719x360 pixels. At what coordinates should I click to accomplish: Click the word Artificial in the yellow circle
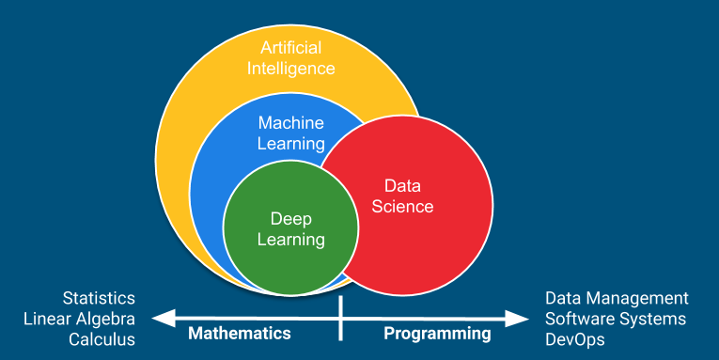(x=290, y=48)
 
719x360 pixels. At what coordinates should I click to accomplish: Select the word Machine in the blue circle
(x=290, y=123)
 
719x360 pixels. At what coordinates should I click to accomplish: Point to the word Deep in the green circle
(x=290, y=219)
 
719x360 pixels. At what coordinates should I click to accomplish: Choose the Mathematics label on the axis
(x=239, y=333)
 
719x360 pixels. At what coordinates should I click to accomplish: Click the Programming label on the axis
(x=437, y=333)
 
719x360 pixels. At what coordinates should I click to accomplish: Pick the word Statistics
(x=99, y=298)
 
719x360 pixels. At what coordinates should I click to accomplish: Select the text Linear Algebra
(x=79, y=319)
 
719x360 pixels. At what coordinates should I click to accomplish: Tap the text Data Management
(x=617, y=298)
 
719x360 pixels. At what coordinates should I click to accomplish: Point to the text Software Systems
(x=616, y=319)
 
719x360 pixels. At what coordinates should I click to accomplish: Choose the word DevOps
(x=575, y=339)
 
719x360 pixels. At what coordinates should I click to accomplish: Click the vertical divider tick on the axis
(x=341, y=318)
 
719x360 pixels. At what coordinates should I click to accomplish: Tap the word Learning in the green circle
(x=290, y=240)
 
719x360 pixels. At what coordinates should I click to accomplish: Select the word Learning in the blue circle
(x=290, y=144)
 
